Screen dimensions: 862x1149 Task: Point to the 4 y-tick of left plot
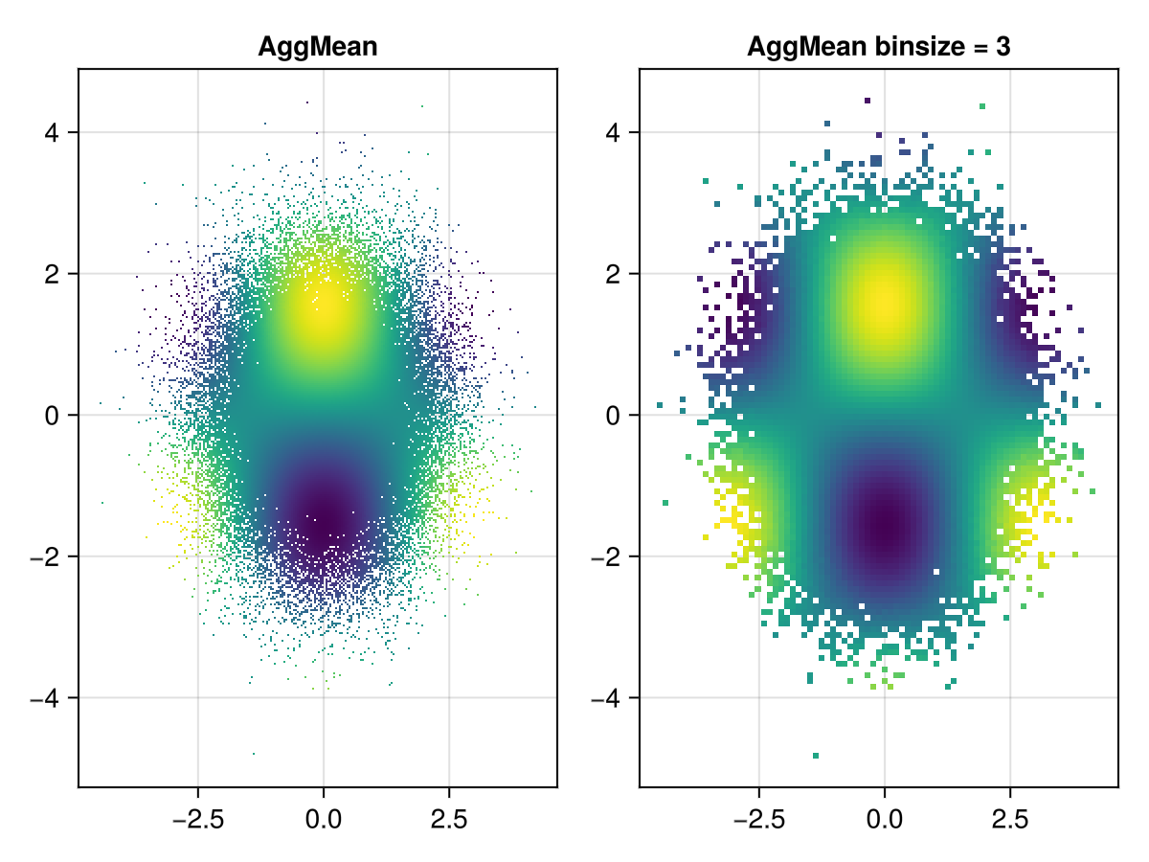(x=54, y=132)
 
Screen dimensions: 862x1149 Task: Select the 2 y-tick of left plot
(x=54, y=274)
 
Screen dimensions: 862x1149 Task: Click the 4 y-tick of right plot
(x=615, y=132)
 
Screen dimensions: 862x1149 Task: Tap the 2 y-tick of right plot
(x=615, y=274)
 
